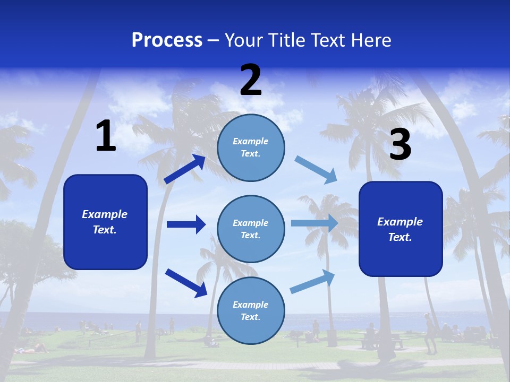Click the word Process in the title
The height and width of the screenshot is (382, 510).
pyautogui.click(x=167, y=40)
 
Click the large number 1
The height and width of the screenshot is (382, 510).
pyautogui.click(x=106, y=136)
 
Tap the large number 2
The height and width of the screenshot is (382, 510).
pyautogui.click(x=251, y=81)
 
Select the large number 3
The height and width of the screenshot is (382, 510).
pyautogui.click(x=400, y=144)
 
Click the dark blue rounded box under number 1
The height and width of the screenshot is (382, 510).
pyautogui.click(x=105, y=222)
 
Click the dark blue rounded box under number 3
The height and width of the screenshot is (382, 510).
pyautogui.click(x=401, y=229)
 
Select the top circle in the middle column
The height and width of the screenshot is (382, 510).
pyautogui.click(x=251, y=147)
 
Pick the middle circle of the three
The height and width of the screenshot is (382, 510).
pyautogui.click(x=251, y=229)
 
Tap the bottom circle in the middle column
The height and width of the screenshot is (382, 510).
pyautogui.click(x=251, y=310)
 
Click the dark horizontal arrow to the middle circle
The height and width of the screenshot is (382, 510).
pyautogui.click(x=186, y=224)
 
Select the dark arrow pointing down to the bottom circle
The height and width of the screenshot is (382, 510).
pyautogui.click(x=186, y=282)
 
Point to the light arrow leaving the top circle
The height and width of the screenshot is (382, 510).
pyautogui.click(x=316, y=169)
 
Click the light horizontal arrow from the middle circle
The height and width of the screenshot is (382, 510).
pyautogui.click(x=314, y=223)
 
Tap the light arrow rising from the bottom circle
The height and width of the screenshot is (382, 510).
pyautogui.click(x=312, y=281)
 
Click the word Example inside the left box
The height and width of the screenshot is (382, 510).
pyautogui.click(x=105, y=214)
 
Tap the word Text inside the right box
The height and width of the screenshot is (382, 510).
pyautogui.click(x=400, y=237)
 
